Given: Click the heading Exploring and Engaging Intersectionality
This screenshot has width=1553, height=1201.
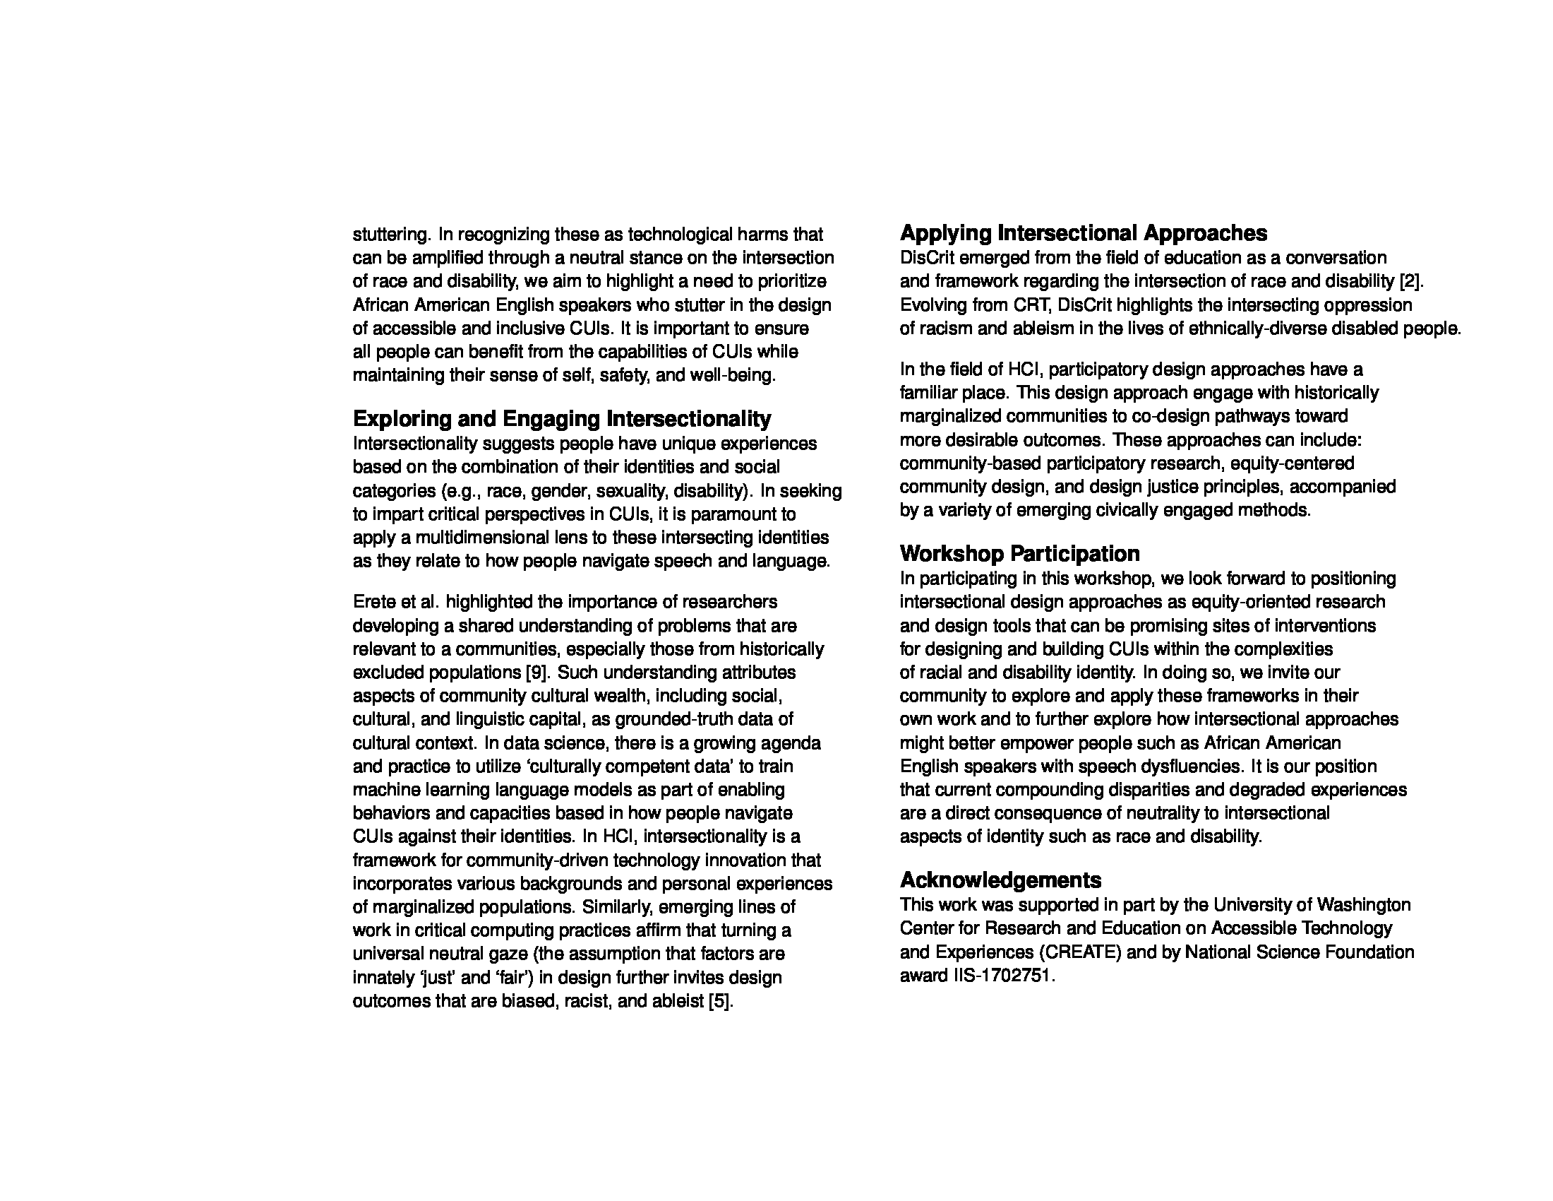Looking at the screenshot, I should point(562,418).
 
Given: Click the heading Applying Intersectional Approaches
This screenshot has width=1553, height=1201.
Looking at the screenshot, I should point(1083,232).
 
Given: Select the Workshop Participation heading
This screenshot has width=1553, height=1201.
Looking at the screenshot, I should point(1020,554).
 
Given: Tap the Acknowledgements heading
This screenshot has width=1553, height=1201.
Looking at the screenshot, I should point(1000,880).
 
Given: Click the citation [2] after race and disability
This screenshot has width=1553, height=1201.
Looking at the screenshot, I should point(1410,281).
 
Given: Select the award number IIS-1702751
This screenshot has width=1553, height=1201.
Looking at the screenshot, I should point(1001,976).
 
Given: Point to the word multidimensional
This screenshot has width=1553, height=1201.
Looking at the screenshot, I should point(491,537).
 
